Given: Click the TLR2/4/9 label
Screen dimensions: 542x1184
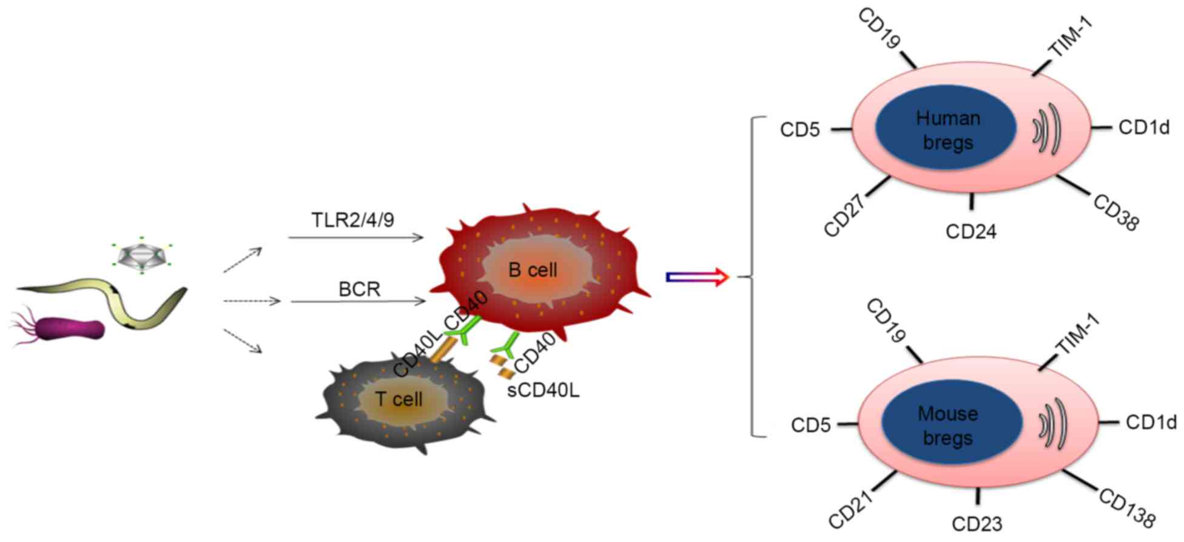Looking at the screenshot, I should (352, 220).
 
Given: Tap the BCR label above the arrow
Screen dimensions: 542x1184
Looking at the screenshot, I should (359, 290).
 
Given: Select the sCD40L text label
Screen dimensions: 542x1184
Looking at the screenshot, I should (543, 390).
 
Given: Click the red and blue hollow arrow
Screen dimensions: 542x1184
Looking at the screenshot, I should (697, 277).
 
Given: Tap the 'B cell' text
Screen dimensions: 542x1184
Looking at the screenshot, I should (533, 270).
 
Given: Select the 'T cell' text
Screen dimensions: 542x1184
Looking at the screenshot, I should (399, 399).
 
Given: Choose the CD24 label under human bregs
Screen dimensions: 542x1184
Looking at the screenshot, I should (970, 231).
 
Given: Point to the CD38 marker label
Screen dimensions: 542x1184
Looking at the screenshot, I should (1116, 212).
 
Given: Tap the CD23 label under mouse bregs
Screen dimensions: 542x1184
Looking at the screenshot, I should (977, 524).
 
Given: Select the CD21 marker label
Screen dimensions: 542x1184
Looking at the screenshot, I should (850, 510).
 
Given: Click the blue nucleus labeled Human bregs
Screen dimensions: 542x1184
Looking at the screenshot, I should (946, 130).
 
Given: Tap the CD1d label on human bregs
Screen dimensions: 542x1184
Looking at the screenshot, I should (1144, 127).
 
